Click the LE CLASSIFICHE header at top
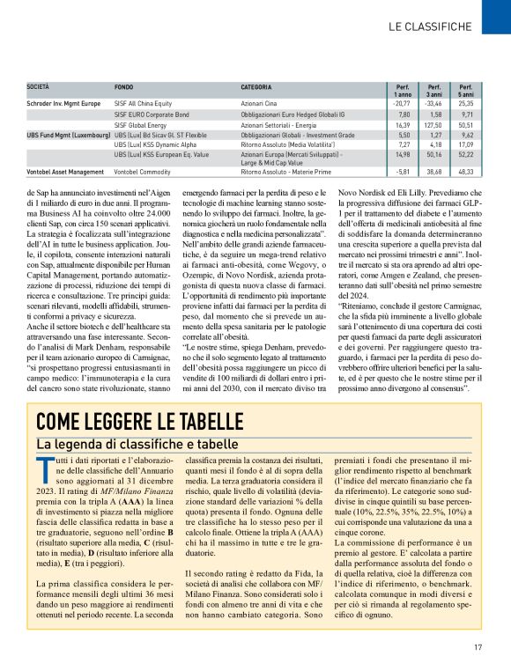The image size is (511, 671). coord(429,27)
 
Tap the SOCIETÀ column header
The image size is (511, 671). coord(38,88)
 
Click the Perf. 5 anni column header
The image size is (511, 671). coord(465,91)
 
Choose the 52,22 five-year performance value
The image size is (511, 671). coord(466,154)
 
